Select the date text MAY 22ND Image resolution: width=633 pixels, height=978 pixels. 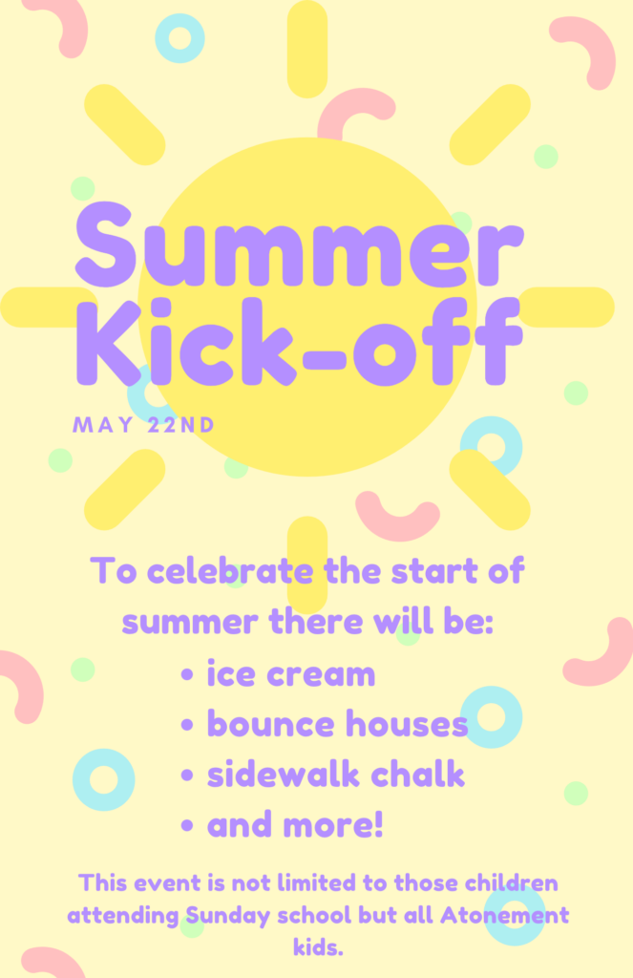pos(144,425)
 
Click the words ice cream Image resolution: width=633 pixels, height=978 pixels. pos(291,673)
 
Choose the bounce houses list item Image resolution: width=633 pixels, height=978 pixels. pos(337,724)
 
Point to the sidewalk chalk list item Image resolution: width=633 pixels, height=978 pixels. pos(336,774)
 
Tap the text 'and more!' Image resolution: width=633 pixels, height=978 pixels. pos(295,824)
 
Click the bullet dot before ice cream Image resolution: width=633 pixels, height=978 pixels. pos(186,674)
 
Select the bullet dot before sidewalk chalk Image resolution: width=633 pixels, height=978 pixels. pos(186,776)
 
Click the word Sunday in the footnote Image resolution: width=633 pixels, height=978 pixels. pos(227,916)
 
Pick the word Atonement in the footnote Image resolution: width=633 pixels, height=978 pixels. pos(504,915)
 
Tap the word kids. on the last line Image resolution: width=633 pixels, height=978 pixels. pos(318,948)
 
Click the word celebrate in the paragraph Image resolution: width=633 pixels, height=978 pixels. pos(231,571)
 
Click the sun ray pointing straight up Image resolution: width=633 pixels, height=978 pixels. pos(307,49)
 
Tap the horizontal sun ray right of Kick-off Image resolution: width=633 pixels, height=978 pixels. pos(565,307)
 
